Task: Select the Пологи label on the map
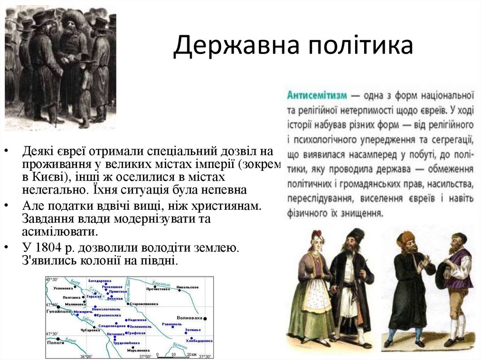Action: point(55,343)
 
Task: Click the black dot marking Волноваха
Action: point(205,319)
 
